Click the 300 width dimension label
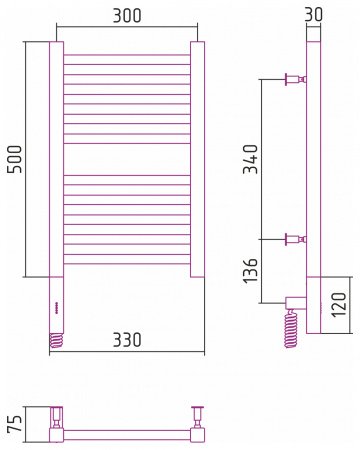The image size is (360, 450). point(127,16)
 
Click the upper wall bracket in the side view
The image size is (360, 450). point(294,79)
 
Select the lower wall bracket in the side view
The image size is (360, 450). point(294,239)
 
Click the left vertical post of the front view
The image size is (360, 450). point(56,160)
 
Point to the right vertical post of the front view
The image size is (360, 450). point(198,160)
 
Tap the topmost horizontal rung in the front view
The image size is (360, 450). point(127,55)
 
